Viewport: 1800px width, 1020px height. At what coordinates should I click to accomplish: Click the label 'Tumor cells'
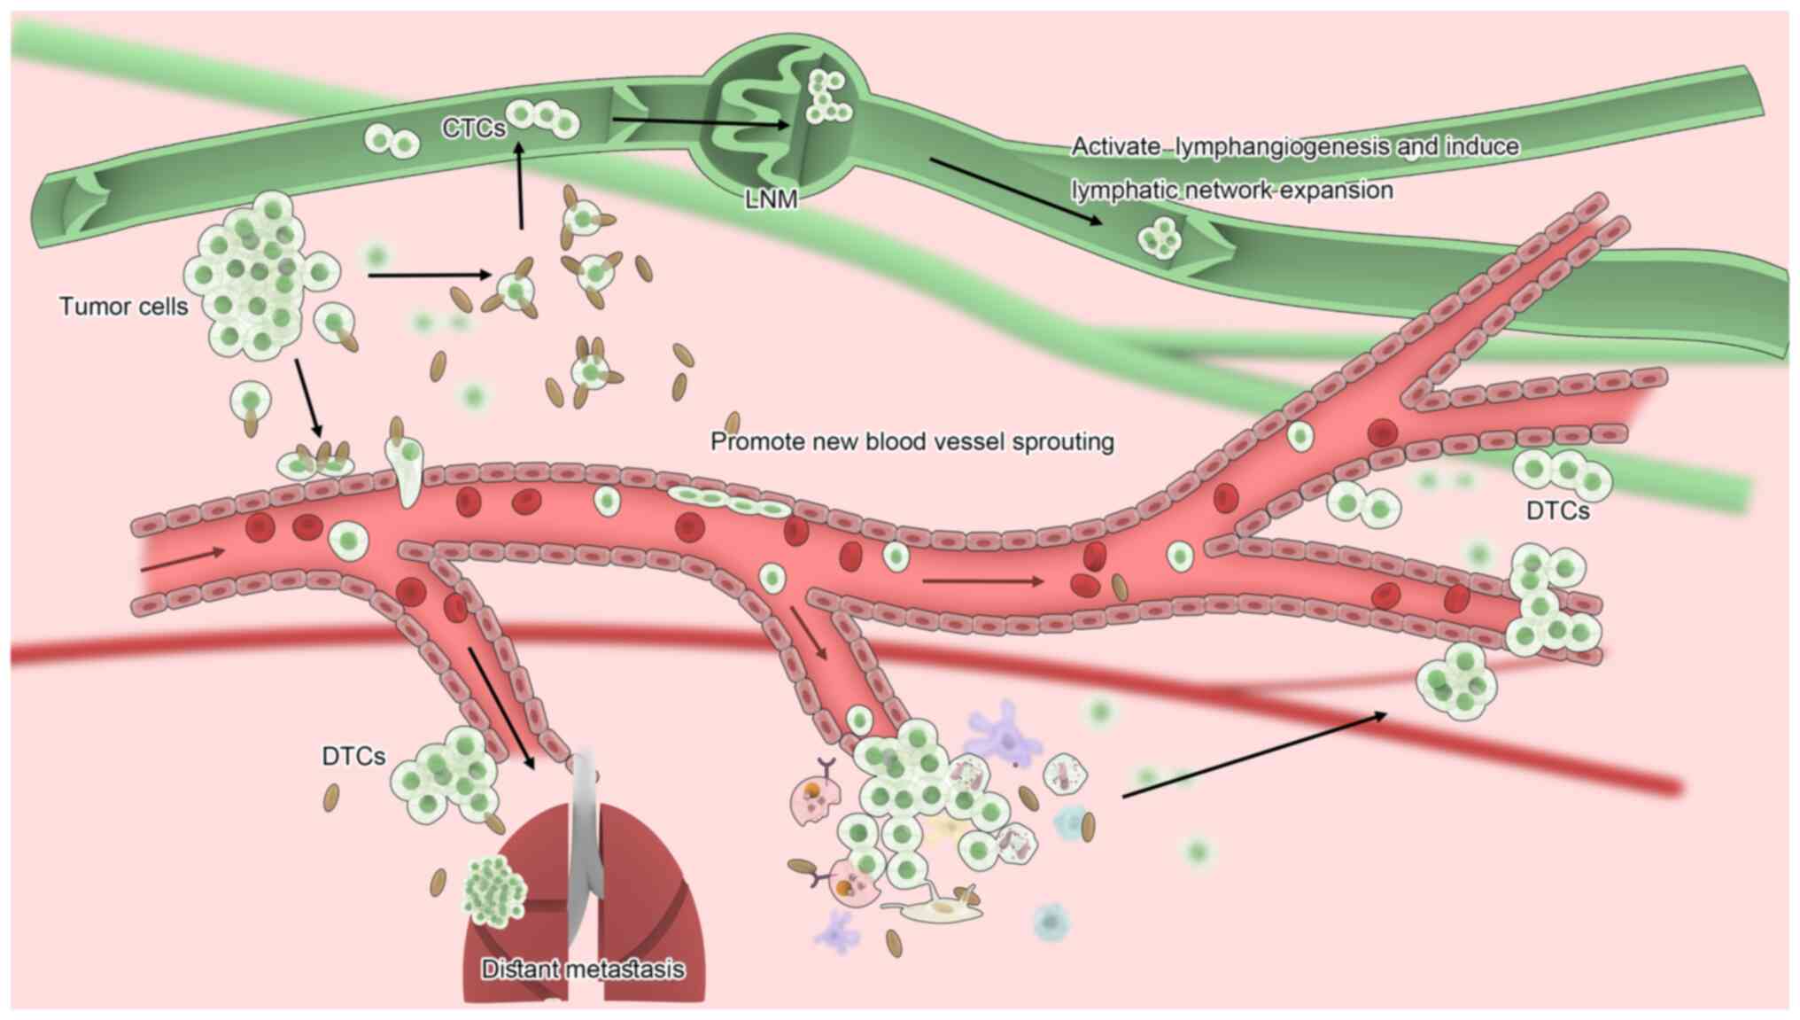(123, 307)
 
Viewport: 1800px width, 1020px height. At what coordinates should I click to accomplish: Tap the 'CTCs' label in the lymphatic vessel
(473, 128)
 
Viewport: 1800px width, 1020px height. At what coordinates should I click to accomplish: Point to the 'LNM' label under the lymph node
(771, 199)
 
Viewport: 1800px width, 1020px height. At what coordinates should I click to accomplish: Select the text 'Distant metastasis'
(582, 969)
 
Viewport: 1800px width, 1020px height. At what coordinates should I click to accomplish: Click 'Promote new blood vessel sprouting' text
(912, 441)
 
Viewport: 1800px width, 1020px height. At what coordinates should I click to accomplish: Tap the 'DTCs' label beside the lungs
(353, 756)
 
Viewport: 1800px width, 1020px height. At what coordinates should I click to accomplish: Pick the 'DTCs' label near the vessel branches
(1557, 511)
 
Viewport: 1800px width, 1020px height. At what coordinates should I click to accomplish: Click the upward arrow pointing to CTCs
(520, 186)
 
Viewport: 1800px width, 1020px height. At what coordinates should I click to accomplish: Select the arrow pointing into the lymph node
(700, 121)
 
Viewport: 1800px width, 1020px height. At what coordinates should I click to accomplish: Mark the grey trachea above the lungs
(585, 815)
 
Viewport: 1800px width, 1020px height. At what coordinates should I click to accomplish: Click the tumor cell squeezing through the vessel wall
(406, 470)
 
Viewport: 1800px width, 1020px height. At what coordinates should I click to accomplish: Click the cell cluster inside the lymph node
(827, 97)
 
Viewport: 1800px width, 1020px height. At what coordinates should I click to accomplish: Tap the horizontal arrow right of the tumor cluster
(429, 276)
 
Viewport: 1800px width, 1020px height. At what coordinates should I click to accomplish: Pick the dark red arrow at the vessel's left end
(182, 559)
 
